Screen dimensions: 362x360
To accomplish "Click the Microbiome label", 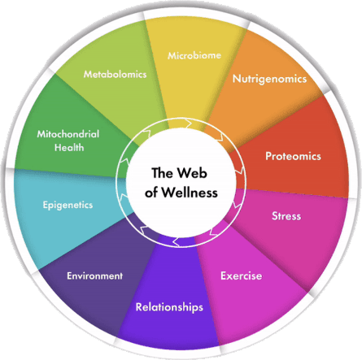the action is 194,55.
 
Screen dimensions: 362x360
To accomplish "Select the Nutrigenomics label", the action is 269,79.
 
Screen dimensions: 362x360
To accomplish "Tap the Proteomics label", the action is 293,156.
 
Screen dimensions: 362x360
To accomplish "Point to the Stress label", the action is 286,216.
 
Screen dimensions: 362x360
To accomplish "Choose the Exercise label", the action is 241,275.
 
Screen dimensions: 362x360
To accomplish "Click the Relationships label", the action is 169,307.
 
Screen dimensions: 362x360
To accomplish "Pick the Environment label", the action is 94,275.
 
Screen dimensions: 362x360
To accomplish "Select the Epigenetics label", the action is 68,205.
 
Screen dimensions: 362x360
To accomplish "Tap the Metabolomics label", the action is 115,74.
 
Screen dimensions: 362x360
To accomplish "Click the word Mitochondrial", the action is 68,134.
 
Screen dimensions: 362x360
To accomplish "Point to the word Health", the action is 69,148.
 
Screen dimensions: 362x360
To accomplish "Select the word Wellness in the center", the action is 190,193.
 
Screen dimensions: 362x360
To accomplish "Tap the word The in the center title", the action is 163,173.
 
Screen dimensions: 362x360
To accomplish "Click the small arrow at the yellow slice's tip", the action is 188,124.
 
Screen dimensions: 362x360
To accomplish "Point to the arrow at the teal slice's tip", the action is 124,198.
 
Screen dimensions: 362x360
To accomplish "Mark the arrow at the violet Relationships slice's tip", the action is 177,242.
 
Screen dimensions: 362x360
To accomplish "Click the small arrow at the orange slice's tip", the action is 220,137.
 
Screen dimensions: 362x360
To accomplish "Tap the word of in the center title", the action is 151,193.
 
